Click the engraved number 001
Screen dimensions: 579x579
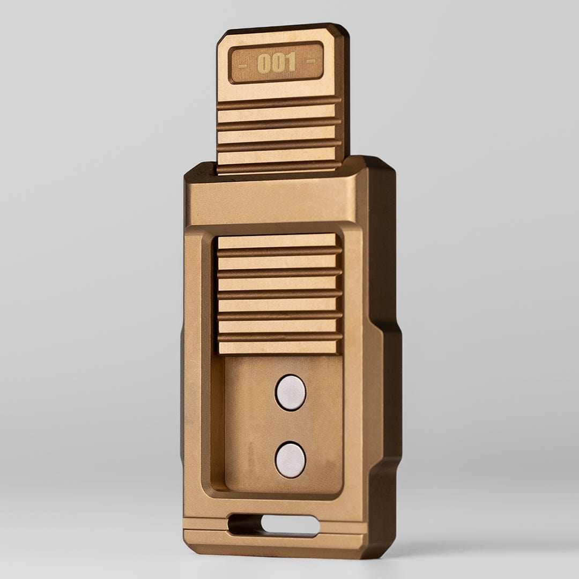point(277,63)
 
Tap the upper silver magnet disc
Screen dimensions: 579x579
point(291,392)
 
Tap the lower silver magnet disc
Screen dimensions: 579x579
point(291,460)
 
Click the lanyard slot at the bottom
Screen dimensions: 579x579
point(274,525)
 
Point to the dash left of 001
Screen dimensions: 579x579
point(243,66)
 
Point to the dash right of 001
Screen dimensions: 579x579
point(311,60)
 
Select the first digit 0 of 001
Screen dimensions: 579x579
point(263,63)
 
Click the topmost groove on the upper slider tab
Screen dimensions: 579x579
point(279,103)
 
